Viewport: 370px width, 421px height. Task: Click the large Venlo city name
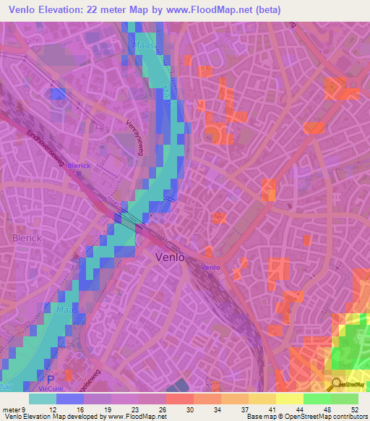(171, 257)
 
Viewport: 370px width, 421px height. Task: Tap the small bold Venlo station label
(210, 268)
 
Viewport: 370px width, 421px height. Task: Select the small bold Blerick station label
(78, 165)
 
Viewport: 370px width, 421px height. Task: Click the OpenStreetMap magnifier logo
(337, 384)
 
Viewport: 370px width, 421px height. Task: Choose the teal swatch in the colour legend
(43, 399)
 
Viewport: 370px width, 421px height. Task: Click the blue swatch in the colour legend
(70, 399)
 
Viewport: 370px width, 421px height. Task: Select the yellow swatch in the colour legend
(290, 399)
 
